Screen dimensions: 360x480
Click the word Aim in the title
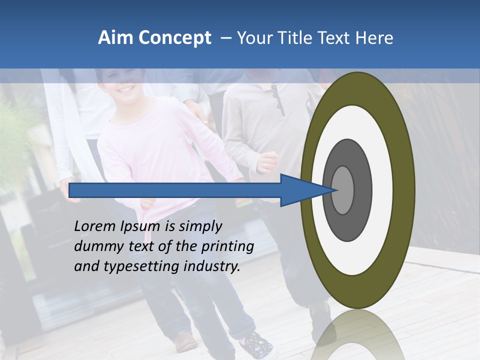[x=115, y=38]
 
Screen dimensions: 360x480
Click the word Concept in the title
[x=174, y=38]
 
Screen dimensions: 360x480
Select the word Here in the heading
[x=374, y=38]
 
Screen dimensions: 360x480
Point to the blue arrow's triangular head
[x=305, y=190]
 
